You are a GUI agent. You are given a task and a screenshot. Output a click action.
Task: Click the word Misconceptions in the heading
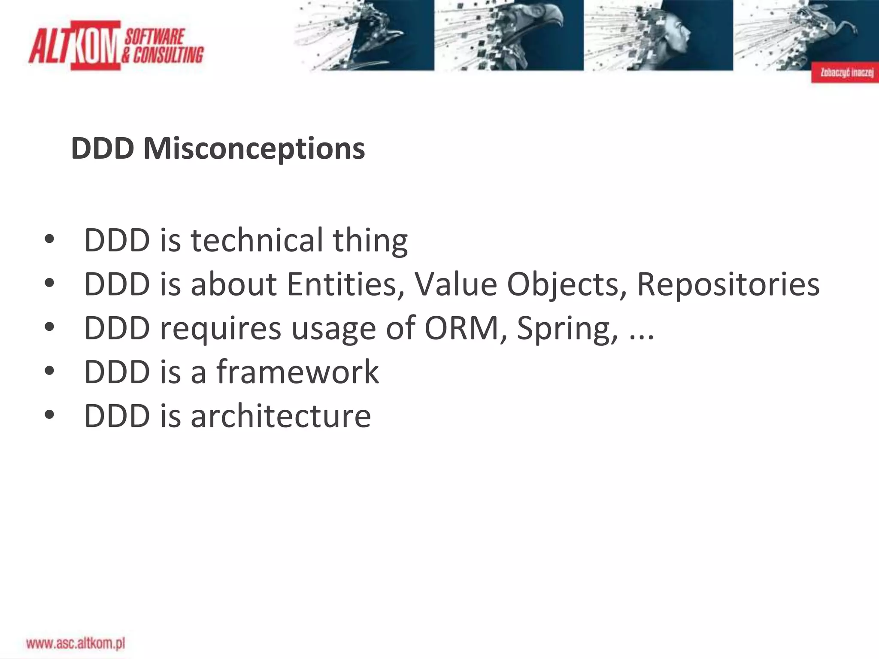[x=254, y=148]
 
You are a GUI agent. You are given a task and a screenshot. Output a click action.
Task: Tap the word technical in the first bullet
[x=257, y=240]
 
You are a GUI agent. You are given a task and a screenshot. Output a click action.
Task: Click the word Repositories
[x=728, y=284]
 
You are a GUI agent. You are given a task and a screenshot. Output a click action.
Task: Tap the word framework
[x=297, y=372]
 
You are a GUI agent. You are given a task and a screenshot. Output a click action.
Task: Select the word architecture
[x=281, y=416]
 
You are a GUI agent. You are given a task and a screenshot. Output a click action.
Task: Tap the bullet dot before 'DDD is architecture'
[x=49, y=415]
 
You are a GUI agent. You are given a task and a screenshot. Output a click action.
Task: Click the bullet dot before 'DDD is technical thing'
[x=49, y=239]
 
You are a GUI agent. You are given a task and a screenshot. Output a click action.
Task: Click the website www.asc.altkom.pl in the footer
[x=76, y=644]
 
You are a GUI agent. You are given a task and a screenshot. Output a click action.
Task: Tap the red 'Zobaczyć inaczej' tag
[x=845, y=73]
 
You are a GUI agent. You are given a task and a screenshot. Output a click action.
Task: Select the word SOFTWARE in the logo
[x=155, y=37]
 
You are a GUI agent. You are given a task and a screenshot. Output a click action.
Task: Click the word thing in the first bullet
[x=370, y=240]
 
